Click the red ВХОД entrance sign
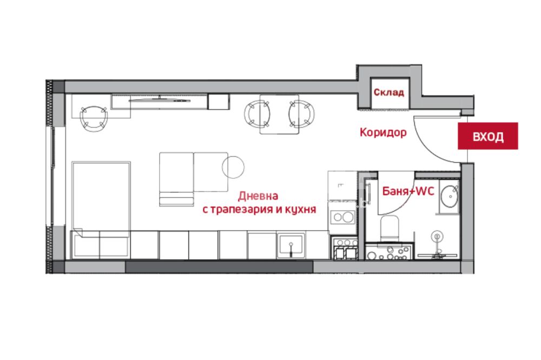click(x=487, y=136)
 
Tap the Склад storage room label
click(x=388, y=92)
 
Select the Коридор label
click(x=383, y=132)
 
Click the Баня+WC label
click(x=408, y=191)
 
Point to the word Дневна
click(x=258, y=196)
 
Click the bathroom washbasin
click(x=450, y=197)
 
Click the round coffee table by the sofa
click(x=233, y=167)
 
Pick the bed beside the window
click(x=101, y=199)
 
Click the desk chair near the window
click(x=94, y=118)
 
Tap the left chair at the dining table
click(x=256, y=114)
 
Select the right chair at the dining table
click(x=301, y=114)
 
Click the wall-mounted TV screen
click(x=160, y=101)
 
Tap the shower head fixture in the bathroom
click(x=437, y=237)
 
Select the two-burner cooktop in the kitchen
click(x=342, y=217)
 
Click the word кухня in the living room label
click(x=300, y=209)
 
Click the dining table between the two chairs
click(x=279, y=114)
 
